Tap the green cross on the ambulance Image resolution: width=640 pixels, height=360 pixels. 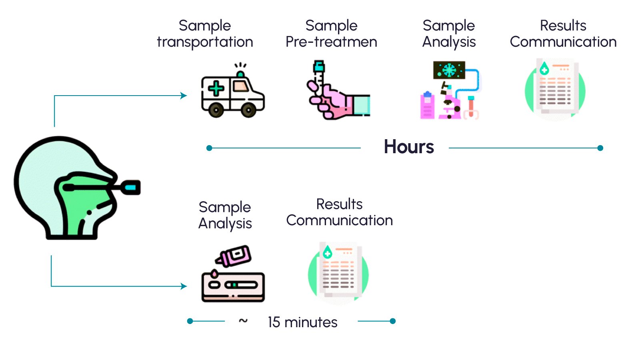216,88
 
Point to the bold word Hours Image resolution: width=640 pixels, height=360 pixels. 408,147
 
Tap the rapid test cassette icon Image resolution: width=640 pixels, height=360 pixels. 233,286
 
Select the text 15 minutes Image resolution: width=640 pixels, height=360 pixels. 302,322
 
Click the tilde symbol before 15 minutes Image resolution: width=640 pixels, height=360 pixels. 243,320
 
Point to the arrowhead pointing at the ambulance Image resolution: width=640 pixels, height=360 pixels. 184,96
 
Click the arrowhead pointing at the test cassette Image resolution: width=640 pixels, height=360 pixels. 184,286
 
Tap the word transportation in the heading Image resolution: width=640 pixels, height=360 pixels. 205,42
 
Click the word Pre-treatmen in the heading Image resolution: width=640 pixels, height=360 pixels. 331,42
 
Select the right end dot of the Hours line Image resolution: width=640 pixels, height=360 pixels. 600,148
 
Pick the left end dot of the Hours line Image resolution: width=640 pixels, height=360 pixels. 209,148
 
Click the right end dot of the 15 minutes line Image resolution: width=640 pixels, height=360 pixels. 393,321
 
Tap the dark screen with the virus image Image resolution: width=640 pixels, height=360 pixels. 449,70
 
